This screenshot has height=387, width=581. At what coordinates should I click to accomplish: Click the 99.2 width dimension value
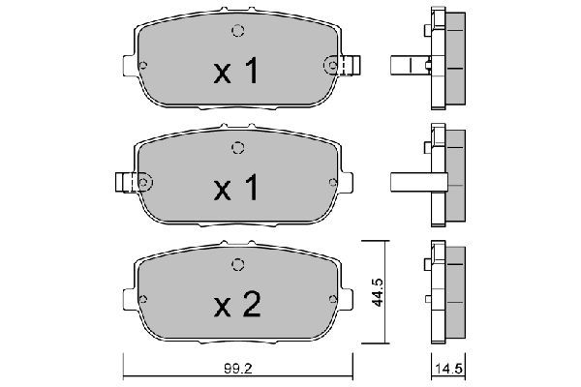click(x=238, y=369)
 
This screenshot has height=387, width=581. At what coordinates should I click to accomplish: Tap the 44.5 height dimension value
click(x=378, y=292)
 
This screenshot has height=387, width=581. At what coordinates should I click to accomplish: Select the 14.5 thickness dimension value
click(x=448, y=369)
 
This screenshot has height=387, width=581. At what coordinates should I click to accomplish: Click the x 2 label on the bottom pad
click(x=237, y=305)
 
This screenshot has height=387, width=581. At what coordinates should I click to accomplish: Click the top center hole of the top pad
click(x=238, y=31)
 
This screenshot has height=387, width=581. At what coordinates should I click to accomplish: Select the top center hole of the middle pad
click(x=238, y=148)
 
